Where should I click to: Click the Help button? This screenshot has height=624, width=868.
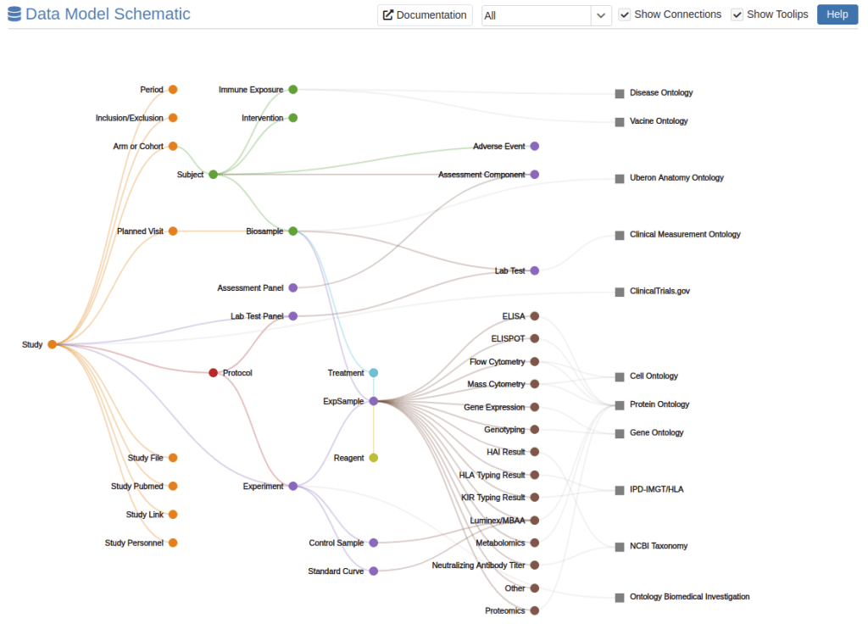point(837,14)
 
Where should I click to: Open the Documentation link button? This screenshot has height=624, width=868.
point(425,15)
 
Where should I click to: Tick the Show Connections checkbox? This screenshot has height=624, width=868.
point(625,15)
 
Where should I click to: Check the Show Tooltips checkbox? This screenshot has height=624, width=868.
point(737,15)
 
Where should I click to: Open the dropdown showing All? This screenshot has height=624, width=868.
point(546,15)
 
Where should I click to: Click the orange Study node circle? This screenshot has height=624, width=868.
point(53,344)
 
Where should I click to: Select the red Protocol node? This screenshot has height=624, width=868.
point(214,373)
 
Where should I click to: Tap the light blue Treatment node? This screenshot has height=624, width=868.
point(374,373)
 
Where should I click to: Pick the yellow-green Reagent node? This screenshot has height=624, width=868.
point(374,458)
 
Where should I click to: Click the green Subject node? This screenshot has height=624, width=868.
point(214,175)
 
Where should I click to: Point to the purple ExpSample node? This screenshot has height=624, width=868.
point(374,401)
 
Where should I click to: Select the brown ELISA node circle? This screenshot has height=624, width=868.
point(535,316)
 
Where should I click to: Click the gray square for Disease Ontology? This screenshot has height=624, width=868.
point(620,93)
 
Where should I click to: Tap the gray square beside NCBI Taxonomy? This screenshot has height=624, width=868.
point(620,547)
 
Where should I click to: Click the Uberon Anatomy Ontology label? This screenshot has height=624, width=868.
point(676,178)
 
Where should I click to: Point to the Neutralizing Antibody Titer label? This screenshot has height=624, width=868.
point(478,565)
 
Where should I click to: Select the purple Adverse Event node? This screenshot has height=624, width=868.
point(535,147)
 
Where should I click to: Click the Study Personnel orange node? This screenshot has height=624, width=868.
point(173,543)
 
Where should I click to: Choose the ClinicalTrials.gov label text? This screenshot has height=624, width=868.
point(659,292)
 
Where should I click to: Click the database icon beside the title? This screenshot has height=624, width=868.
point(14,14)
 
